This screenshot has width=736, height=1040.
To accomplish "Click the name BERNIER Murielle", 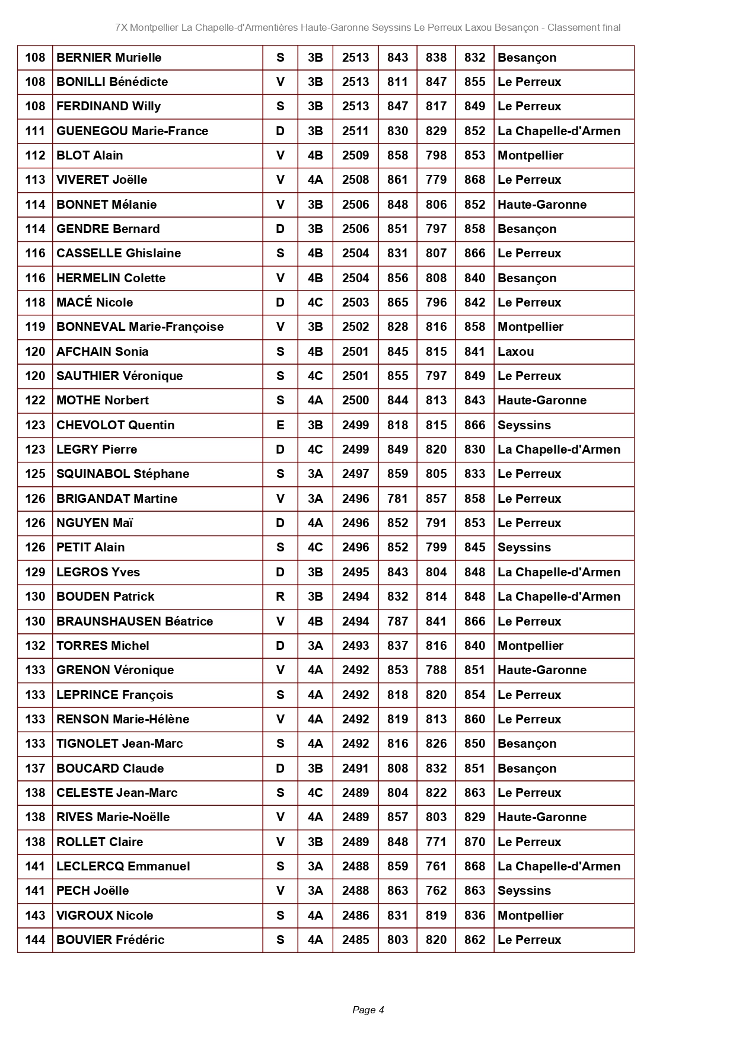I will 109,58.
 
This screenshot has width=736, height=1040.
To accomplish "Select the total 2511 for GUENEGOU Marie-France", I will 355,131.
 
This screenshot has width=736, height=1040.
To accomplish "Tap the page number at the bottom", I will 368,1010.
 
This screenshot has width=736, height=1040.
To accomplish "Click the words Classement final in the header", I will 584,27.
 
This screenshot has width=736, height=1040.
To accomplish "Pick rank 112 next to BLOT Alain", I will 35,155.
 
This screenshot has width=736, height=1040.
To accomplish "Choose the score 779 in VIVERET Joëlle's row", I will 436,180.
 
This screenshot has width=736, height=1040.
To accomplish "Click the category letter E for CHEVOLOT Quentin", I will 281,425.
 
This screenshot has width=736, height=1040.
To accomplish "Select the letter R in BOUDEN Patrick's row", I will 281,596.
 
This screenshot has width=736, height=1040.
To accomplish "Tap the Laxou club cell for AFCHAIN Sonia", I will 516,352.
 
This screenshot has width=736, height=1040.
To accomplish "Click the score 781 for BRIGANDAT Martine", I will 397,499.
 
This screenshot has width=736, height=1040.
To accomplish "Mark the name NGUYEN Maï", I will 95,523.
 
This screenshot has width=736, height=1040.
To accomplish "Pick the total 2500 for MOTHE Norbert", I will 355,400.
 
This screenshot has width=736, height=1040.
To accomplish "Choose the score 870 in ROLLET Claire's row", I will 474,842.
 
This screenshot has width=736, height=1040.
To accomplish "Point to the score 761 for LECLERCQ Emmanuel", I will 436,866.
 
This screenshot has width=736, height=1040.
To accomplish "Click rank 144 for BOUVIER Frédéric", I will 35,940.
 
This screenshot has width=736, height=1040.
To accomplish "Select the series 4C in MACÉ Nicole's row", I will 315,302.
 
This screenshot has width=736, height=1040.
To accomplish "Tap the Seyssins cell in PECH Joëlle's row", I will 524,891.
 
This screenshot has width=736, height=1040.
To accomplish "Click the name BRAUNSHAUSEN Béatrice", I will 135,621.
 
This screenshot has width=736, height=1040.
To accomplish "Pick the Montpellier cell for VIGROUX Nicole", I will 530,915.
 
